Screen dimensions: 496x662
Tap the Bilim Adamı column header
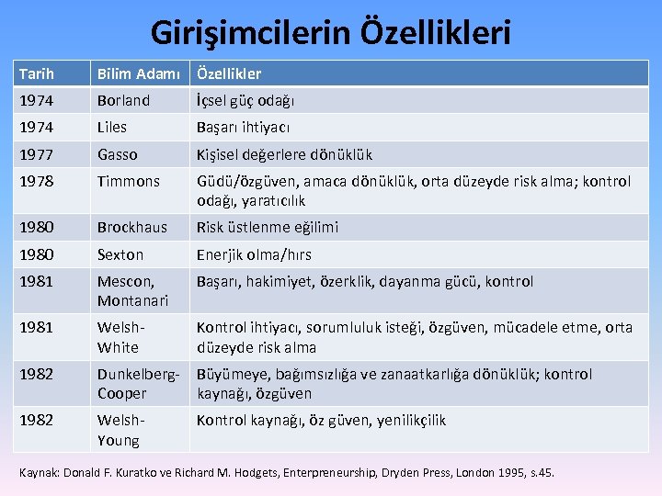coord(141,73)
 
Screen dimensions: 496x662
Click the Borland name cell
coord(123,101)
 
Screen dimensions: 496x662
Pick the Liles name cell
coord(112,128)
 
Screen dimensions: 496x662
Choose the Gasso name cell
coord(118,154)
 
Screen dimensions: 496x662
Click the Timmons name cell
coord(129,182)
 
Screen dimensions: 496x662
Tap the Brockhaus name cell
coord(132,227)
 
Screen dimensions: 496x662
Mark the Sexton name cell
coord(120,254)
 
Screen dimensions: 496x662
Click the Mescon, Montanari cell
coord(132,291)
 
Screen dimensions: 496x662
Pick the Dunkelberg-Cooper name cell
coord(137,384)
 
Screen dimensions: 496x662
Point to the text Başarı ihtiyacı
coord(244,128)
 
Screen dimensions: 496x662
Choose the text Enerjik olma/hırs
coord(254,254)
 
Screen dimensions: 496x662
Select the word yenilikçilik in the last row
coord(411,420)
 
